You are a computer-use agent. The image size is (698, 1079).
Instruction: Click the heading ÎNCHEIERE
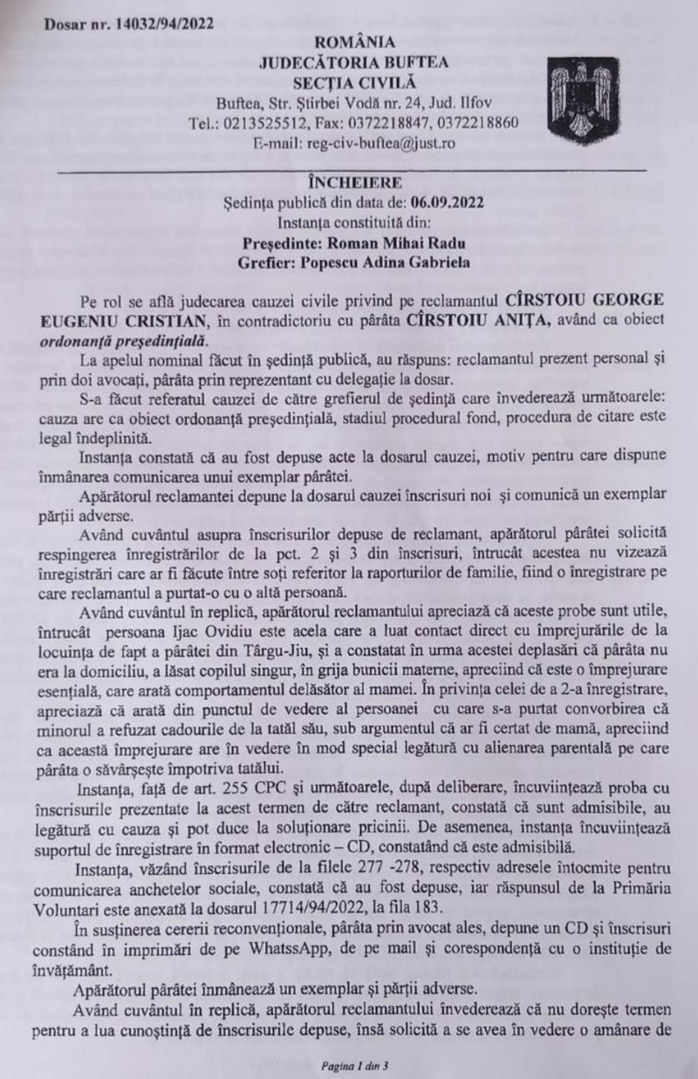[354, 182]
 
